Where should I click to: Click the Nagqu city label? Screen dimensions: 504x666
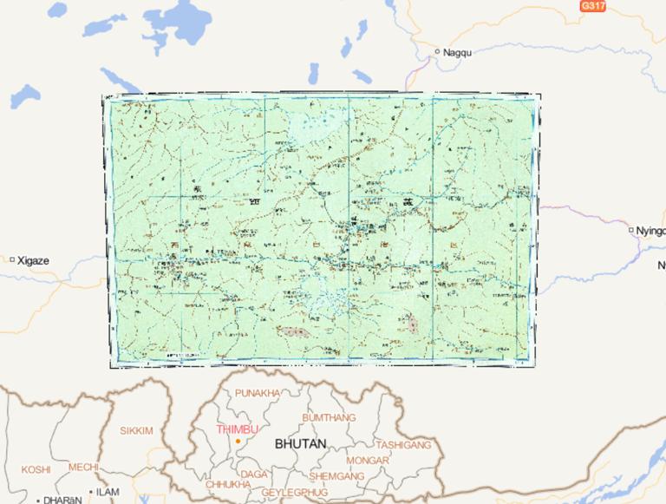(x=457, y=53)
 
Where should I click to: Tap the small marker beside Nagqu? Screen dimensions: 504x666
(x=437, y=52)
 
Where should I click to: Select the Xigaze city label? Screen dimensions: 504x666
(x=34, y=259)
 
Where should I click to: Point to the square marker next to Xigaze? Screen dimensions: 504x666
(x=12, y=259)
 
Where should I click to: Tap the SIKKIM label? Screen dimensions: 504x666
(x=136, y=430)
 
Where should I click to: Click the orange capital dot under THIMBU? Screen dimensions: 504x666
(x=237, y=442)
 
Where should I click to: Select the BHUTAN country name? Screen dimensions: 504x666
(x=301, y=443)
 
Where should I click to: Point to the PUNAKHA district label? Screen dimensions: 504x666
(x=258, y=393)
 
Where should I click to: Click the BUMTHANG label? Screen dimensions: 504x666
(x=329, y=417)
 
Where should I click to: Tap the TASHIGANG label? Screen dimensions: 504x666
(x=403, y=444)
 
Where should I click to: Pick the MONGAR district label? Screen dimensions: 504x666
(x=368, y=460)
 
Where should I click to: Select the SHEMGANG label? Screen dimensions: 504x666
(x=336, y=476)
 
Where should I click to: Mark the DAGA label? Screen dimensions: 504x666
(x=254, y=474)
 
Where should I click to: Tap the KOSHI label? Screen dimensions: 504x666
(x=36, y=468)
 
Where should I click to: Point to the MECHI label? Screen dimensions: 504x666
(x=83, y=467)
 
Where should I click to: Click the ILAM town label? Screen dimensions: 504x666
(x=108, y=492)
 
